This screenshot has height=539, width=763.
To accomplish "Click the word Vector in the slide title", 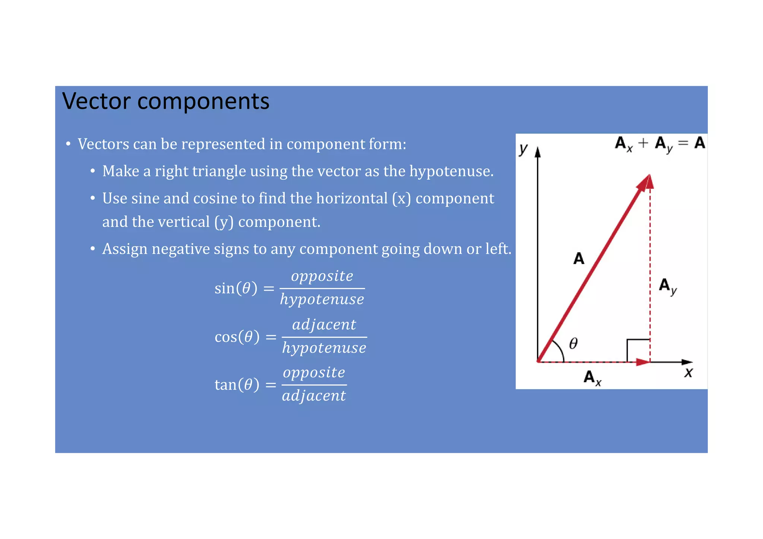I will [96, 101].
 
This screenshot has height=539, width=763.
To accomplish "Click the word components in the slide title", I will [203, 102].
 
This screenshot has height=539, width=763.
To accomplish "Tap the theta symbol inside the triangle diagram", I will [573, 343].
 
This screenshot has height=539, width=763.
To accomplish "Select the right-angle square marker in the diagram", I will [638, 350].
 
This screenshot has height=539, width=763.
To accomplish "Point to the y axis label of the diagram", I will [523, 149].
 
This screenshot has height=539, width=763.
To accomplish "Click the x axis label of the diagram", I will [688, 372].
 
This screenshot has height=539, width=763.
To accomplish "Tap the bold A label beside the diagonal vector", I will [579, 259].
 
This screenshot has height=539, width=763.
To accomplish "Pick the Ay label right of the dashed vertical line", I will [668, 286].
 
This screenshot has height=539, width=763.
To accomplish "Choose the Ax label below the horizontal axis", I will [592, 378].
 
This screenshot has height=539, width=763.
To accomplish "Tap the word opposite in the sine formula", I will [322, 276].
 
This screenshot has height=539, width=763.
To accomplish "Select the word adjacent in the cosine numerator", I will [324, 324].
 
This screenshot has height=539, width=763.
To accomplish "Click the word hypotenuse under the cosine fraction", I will [324, 348].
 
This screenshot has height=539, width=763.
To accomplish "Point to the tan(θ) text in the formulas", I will [237, 384].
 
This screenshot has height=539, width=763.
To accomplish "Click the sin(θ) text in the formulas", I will [236, 288].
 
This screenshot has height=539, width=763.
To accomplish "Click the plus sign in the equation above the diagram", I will [643, 143].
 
